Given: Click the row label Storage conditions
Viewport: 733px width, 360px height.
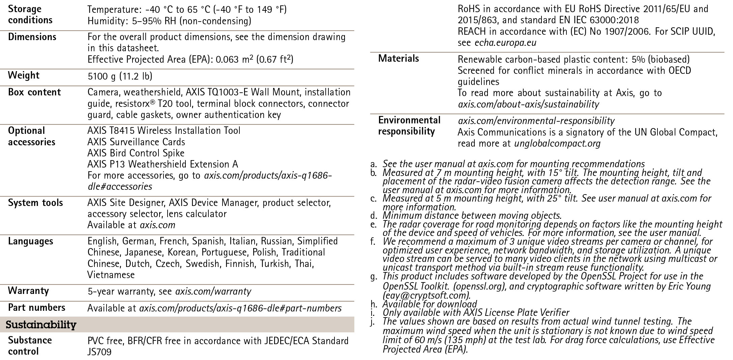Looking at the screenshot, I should coord(30,14).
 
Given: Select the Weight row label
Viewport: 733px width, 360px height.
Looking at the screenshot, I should coord(24,75).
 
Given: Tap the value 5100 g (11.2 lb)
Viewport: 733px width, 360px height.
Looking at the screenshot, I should coord(120,76).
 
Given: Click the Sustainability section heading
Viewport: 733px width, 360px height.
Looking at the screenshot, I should coord(41,325).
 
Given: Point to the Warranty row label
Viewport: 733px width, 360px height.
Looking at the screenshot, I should coord(28,291).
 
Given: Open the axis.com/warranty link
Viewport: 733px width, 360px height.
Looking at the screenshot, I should coord(213,291).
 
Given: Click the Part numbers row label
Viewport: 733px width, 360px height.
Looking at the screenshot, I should coord(36,307).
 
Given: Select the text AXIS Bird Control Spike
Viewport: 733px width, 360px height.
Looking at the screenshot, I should coord(136,153).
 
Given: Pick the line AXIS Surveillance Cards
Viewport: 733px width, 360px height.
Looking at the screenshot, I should coord(136,142).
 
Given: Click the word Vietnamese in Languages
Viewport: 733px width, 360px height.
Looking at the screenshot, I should coord(111,275).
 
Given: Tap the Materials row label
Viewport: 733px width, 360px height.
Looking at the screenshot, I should coord(398,58).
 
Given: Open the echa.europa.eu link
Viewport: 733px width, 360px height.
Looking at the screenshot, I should coord(505,43).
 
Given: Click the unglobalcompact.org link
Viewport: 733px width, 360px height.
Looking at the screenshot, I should coord(557,144).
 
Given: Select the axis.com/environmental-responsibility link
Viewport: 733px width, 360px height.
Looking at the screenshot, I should coord(536,121).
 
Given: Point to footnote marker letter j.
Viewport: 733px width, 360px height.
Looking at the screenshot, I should coord(373,322).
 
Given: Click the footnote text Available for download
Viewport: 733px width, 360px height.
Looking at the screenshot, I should coord(430,304).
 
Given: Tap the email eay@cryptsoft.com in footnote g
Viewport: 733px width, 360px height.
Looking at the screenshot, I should coord(427,296).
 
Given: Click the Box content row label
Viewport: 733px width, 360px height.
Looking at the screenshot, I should coord(34,92).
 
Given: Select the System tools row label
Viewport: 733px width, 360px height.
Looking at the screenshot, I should coord(35,203).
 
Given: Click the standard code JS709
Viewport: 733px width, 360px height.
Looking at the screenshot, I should coord(99,352).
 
